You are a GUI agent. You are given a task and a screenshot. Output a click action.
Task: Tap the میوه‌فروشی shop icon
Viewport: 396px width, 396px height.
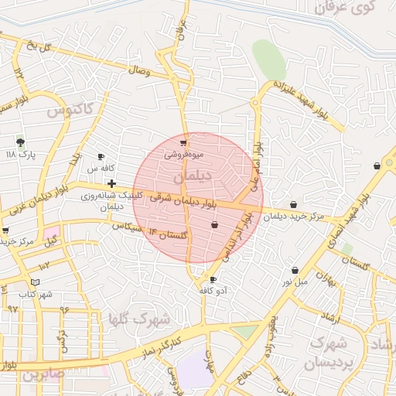click(x=183, y=143)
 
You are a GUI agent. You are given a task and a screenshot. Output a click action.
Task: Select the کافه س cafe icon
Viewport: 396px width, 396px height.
click(x=101, y=156)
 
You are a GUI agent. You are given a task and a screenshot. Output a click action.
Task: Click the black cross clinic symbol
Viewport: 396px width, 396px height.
click(x=113, y=184)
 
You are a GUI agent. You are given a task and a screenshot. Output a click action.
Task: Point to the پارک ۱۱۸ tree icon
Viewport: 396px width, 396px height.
click(x=20, y=142)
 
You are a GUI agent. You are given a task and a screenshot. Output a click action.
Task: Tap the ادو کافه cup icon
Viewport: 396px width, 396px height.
click(x=213, y=279)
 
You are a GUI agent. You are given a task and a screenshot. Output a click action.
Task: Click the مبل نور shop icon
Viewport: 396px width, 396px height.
click(x=295, y=270)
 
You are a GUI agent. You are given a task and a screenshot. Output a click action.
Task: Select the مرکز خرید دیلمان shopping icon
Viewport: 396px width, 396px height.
click(x=294, y=205)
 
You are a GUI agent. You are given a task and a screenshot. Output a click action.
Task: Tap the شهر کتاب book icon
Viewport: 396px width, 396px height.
click(x=36, y=282)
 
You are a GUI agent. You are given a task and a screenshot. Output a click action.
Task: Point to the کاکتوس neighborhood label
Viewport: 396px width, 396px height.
click(x=70, y=110)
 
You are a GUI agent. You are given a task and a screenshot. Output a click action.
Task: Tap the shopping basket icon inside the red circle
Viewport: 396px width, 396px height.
click(x=214, y=224)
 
